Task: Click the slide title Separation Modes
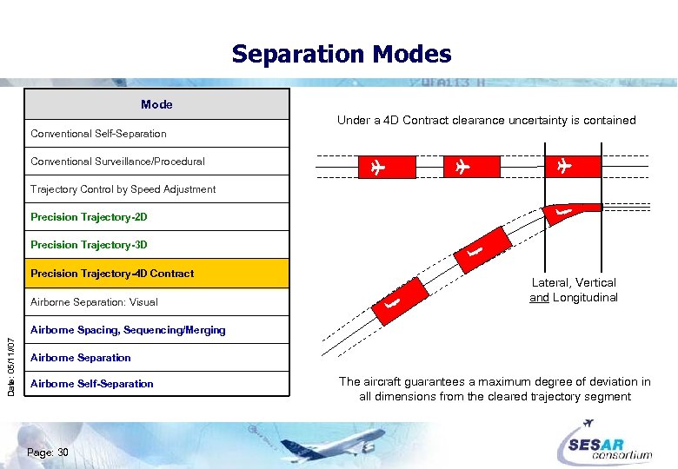click(x=341, y=55)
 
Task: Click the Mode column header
click(x=156, y=104)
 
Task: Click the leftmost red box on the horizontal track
click(x=376, y=166)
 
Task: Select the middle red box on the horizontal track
click(x=461, y=166)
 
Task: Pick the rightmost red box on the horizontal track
click(x=564, y=166)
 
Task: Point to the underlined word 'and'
click(x=539, y=298)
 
